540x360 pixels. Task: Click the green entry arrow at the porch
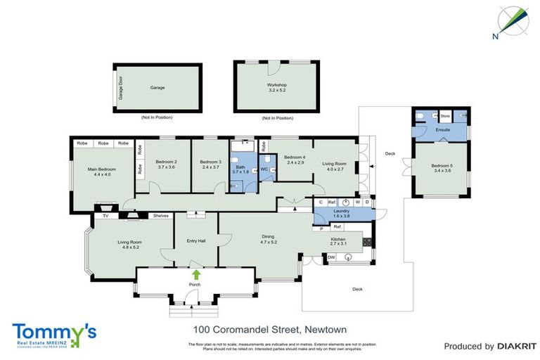coord(195,274)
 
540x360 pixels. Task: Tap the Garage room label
coord(157,88)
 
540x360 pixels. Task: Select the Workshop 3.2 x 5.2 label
coord(277,88)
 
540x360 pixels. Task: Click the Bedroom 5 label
coord(442,168)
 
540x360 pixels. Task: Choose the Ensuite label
coord(443,130)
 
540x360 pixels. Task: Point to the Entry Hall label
coord(196,241)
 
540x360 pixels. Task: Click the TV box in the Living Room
coord(105,216)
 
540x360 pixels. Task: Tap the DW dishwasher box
coord(331,258)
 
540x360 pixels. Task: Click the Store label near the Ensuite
coord(445,115)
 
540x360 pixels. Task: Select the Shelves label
coord(160,216)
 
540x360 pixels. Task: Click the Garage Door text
coord(120,88)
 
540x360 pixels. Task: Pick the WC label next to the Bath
coord(264,169)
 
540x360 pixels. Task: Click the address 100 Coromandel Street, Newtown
coord(270,329)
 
